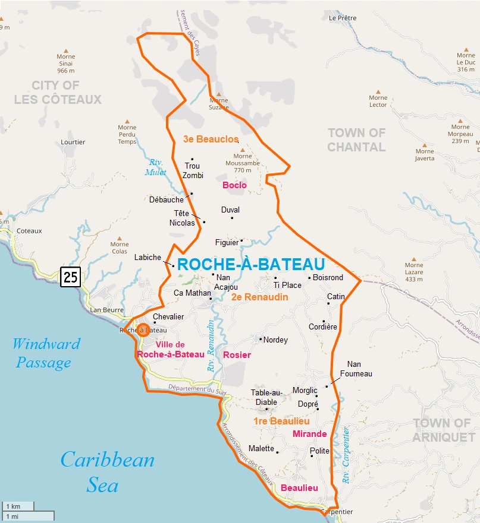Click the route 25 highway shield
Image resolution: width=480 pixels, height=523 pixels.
(x=70, y=276)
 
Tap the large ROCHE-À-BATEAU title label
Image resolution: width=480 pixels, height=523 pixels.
(x=250, y=264)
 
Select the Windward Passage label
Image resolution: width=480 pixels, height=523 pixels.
(x=46, y=353)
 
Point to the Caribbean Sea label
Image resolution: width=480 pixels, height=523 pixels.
(x=107, y=472)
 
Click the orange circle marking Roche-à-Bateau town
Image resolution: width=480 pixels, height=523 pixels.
(x=143, y=329)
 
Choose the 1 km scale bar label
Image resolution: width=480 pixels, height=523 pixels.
(x=13, y=506)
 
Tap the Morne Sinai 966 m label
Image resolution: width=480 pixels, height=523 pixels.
(x=65, y=62)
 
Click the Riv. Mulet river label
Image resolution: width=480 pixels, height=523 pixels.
(x=156, y=167)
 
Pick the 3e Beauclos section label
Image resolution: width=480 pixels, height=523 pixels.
(x=211, y=139)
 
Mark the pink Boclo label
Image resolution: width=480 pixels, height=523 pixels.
(x=234, y=185)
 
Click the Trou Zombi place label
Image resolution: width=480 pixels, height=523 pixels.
(x=193, y=171)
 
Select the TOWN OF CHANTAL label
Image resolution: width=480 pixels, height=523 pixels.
(x=357, y=140)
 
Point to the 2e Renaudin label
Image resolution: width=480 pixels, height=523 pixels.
(x=259, y=297)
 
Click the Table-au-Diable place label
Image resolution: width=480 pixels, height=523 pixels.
(x=266, y=397)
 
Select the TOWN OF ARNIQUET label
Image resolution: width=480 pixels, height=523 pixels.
(x=441, y=430)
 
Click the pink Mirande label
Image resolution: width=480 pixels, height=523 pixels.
(x=309, y=434)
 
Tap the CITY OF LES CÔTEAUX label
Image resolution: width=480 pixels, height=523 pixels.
(x=58, y=92)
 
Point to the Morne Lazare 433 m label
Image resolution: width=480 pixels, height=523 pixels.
(x=414, y=272)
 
